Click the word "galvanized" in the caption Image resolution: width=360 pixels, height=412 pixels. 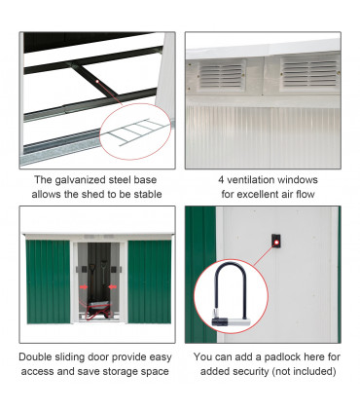(81, 180)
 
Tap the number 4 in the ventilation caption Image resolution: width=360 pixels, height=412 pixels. (221, 179)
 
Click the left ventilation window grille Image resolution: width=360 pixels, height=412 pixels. (222, 76)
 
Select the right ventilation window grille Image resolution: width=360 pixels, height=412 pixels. (309, 74)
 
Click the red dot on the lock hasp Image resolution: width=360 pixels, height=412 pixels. (276, 242)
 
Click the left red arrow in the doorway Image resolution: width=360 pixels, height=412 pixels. (84, 287)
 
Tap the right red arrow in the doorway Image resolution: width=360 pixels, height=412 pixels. (112, 287)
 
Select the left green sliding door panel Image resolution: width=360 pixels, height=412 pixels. (49, 281)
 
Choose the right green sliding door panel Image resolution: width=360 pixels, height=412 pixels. (150, 281)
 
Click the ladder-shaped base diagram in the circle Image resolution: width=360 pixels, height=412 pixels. (136, 131)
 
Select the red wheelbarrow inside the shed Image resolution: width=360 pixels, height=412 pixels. (96, 310)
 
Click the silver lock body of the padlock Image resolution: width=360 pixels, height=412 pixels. (232, 321)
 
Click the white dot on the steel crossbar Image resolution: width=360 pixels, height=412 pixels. (97, 81)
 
